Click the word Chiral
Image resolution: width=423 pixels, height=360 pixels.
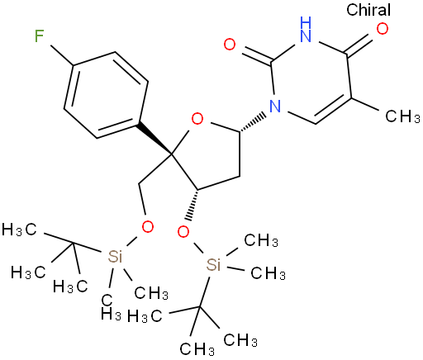368,10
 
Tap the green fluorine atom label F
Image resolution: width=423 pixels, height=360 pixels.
40,36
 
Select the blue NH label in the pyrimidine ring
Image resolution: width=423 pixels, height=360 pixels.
306,29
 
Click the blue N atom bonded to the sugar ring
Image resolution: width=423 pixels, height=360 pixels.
275,106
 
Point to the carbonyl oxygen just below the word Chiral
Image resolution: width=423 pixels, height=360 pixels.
383,29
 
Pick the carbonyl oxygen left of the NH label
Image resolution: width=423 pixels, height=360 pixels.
230,45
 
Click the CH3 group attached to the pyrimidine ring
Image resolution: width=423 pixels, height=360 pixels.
402,116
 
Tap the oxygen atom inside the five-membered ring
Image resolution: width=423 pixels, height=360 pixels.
197,120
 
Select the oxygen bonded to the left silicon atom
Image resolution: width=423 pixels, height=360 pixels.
147,227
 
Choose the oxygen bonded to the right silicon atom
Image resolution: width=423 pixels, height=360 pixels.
183,232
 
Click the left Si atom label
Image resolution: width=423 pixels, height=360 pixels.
115,257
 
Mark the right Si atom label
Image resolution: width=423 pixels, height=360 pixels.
213,265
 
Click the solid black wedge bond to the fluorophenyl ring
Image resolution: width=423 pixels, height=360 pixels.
154,139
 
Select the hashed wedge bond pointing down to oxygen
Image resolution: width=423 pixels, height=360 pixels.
192,205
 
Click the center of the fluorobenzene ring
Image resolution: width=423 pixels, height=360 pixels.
106,95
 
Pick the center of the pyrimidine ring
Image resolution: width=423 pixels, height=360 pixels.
312,83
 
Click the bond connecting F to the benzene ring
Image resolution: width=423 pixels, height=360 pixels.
62,56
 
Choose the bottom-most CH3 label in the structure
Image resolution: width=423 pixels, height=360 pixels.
197,349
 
